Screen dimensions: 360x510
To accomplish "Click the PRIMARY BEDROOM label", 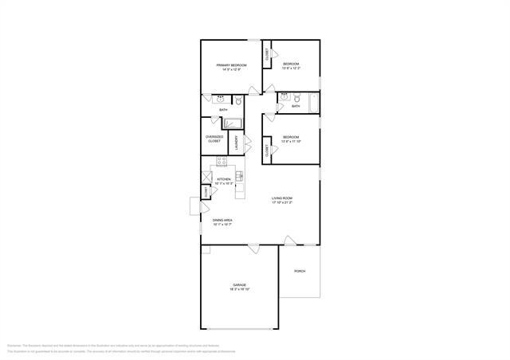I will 232,65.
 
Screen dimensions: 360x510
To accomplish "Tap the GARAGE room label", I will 239,284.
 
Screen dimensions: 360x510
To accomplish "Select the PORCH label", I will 300,271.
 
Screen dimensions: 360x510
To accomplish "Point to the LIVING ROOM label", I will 283,198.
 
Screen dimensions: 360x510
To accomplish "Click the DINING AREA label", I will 222,220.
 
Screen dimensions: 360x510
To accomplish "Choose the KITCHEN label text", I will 224,179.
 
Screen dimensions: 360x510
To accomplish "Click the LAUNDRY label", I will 236,143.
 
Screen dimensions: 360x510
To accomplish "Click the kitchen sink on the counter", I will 238,175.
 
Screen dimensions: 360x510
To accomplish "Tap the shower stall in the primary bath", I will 233,123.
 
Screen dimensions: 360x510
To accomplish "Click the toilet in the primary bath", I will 237,100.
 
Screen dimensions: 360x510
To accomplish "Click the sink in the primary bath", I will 220,100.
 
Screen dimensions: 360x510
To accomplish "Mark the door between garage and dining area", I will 253,248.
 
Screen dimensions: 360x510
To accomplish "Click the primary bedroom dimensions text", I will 232,70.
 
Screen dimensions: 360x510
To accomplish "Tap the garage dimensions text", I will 239,290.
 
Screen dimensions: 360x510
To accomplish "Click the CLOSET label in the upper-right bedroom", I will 268,54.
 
